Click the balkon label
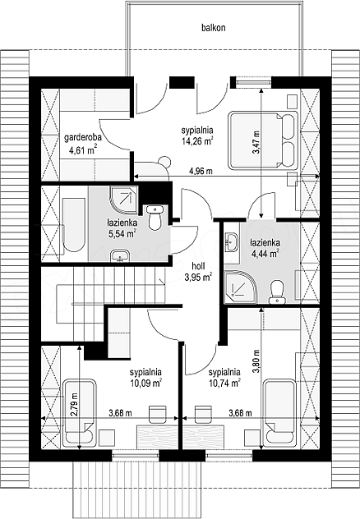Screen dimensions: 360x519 coord(214,27)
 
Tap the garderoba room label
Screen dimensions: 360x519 coord(83,137)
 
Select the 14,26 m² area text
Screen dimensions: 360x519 coord(196,141)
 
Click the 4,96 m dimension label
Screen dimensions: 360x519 coord(201,171)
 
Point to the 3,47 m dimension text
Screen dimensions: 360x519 coord(256,142)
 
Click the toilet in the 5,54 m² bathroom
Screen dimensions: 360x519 coord(155,217)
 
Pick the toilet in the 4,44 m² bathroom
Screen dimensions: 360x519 coord(277,292)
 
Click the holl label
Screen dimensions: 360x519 coord(198,266)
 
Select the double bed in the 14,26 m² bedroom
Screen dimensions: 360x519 coord(263,141)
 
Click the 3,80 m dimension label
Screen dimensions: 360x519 coord(256,361)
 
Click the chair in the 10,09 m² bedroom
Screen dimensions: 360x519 coord(158,414)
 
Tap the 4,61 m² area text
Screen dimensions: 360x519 coord(83,150)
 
